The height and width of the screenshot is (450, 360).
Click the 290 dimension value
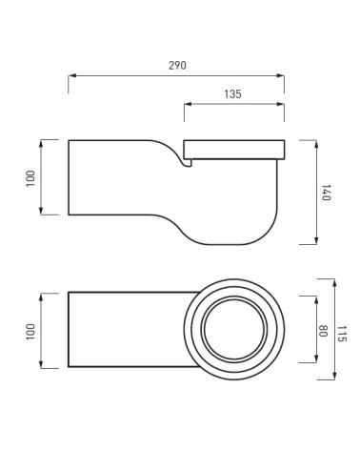[177, 66]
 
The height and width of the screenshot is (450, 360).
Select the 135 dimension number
[232, 94]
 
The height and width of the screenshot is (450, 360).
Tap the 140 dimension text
[327, 193]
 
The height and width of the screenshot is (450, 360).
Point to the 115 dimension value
[342, 334]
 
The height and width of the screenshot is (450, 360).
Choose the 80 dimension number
[323, 331]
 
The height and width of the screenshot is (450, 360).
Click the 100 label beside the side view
[30, 178]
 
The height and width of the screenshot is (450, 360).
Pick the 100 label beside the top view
[30, 332]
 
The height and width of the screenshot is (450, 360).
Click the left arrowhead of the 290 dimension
[72, 75]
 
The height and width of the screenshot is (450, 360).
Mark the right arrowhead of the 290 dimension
[280, 75]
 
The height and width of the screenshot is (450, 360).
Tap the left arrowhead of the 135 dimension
[189, 104]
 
